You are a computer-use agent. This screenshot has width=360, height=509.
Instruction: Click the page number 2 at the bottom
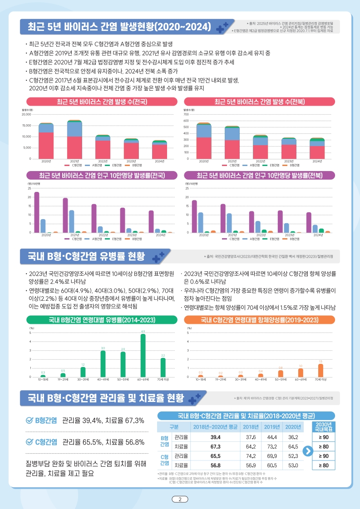tap(180, 499)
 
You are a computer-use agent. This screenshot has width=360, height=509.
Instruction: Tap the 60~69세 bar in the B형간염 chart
tap(143, 356)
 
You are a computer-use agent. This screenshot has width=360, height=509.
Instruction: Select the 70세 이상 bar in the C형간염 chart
tap(321, 370)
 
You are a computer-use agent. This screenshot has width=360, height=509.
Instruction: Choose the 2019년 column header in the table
tap(272, 426)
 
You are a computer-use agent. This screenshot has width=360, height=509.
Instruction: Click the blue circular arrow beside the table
tap(307, 451)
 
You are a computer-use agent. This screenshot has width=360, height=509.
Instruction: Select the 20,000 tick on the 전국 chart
tap(26, 114)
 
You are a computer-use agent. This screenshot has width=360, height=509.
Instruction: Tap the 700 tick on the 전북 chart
tap(186, 114)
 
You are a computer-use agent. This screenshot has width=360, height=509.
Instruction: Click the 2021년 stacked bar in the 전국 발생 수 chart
tap(74, 140)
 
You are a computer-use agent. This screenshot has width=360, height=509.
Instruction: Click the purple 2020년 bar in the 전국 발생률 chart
tap(37, 212)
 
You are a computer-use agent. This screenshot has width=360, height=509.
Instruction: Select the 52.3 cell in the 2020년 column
tap(293, 456)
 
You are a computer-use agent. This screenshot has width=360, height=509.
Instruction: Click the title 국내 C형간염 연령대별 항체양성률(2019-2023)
tap(259, 320)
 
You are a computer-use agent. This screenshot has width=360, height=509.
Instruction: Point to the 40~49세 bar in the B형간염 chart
tap(103, 364)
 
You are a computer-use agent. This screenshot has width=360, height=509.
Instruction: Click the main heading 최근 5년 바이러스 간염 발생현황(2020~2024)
tap(119, 26)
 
